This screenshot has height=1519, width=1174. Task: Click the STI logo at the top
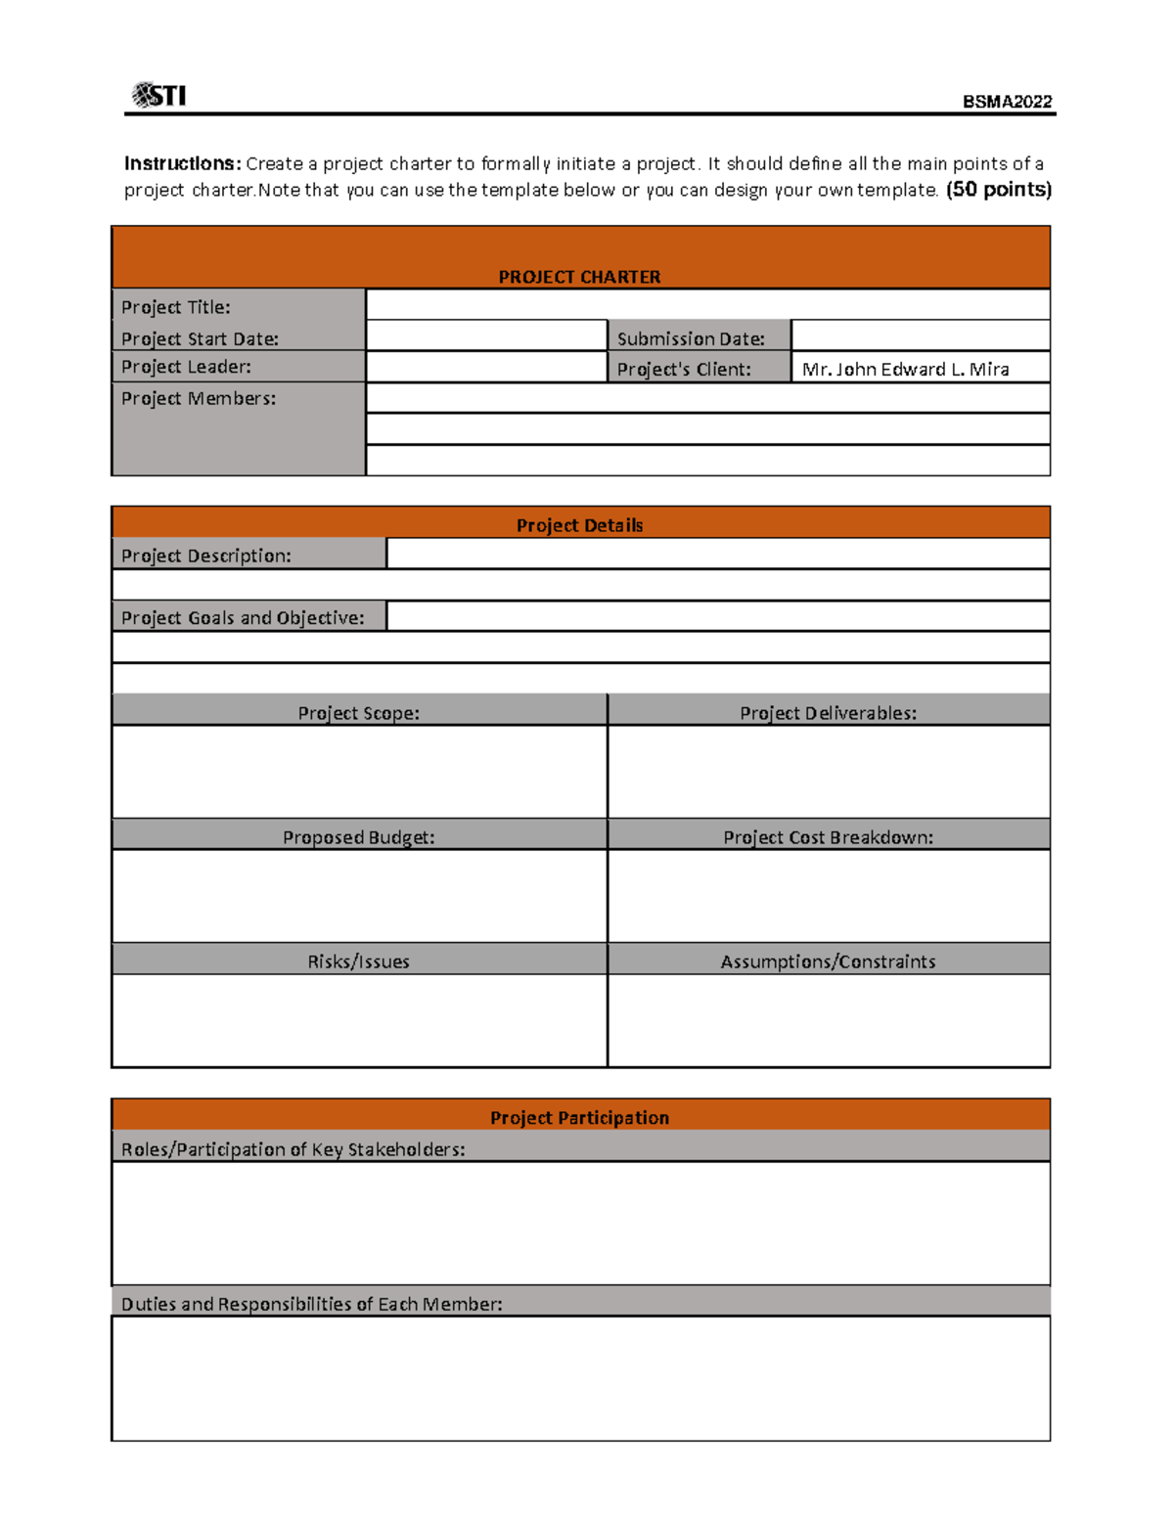click(158, 95)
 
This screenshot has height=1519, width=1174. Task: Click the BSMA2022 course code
click(1007, 102)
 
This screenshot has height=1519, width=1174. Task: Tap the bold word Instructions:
click(182, 163)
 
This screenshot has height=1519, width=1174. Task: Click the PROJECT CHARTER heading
click(579, 277)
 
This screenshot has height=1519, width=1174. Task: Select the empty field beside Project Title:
click(707, 304)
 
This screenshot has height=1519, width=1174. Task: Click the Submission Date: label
click(691, 338)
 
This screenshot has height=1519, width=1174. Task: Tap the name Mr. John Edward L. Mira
click(905, 369)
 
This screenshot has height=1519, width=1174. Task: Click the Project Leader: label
click(186, 367)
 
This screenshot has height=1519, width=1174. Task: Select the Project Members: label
click(199, 398)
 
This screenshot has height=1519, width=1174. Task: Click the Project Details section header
click(579, 525)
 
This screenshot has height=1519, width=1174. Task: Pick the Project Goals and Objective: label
click(243, 617)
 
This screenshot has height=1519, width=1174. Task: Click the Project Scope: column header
click(358, 713)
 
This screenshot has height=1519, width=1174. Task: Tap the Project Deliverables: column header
click(828, 713)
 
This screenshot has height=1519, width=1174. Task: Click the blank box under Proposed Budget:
click(358, 895)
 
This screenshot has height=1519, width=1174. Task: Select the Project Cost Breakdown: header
click(828, 837)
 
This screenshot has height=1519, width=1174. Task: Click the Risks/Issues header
click(358, 961)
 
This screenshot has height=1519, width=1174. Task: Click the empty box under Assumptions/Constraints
click(828, 1019)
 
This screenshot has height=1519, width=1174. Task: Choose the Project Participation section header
click(579, 1117)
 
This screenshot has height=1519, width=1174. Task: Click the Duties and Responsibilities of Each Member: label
click(311, 1304)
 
